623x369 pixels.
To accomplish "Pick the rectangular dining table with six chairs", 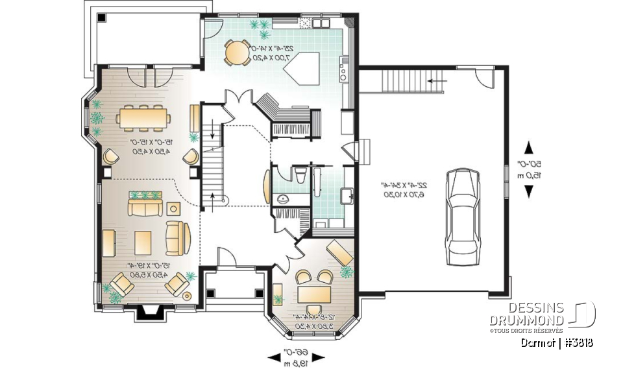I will point(144,118).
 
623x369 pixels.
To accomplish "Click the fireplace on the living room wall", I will point(149,313).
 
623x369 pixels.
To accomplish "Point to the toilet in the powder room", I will point(299,176).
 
